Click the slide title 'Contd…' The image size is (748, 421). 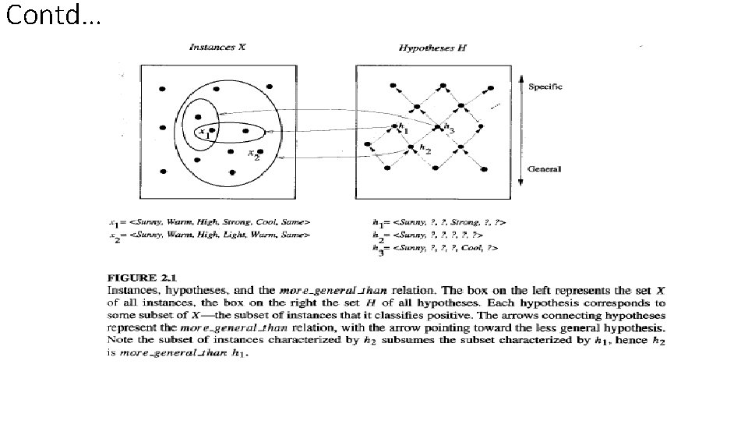point(53,16)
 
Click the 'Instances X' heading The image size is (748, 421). point(217,48)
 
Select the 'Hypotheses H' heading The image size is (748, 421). point(432,48)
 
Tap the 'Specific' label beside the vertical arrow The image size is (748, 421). point(545,86)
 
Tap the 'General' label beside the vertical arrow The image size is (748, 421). point(545,169)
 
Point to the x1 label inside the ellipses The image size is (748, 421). point(205,133)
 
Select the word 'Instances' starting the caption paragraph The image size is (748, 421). point(128,290)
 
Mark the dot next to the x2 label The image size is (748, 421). point(260,152)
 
